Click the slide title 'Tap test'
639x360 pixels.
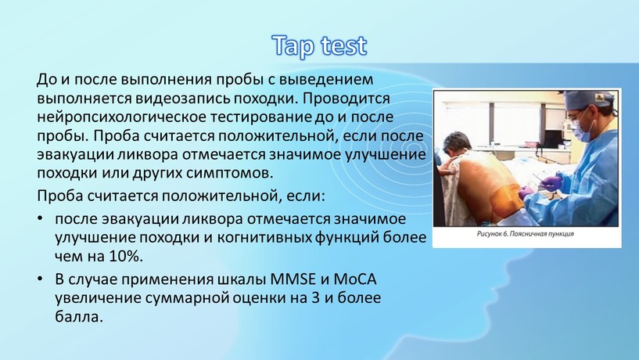[319, 45]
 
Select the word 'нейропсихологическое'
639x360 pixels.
[121, 117]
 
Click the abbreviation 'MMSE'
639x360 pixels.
[293, 279]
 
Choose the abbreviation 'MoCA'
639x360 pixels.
[355, 279]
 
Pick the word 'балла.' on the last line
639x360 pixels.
[79, 316]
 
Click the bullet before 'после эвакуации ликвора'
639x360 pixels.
[40, 219]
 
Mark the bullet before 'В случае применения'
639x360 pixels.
[40, 279]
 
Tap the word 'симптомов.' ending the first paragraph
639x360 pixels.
[229, 173]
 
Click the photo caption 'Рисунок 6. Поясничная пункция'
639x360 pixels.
[526, 234]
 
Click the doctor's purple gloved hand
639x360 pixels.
[551, 183]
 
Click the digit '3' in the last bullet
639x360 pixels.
[314, 298]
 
